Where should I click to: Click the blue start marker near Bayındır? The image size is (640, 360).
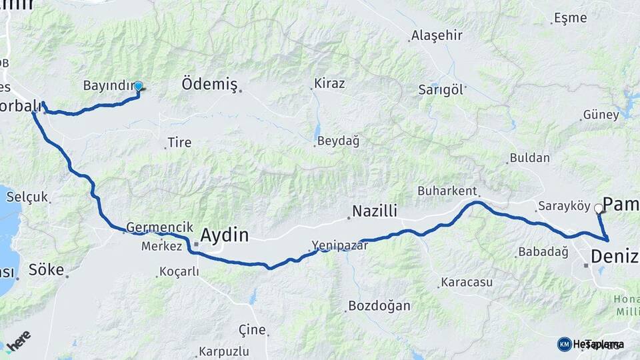point(138,86)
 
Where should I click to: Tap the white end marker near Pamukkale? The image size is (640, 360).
point(598,209)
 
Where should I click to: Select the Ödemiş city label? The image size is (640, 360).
point(209,84)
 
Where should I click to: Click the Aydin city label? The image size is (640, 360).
point(225,235)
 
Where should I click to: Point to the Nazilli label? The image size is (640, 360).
point(375,211)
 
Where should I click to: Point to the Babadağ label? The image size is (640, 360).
point(542,252)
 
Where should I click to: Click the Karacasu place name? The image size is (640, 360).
point(466,282)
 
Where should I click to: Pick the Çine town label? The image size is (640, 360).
point(252,329)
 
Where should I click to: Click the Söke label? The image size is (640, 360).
point(46,270)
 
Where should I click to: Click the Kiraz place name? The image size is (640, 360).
point(331,83)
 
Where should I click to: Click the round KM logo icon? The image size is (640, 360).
point(564,344)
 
